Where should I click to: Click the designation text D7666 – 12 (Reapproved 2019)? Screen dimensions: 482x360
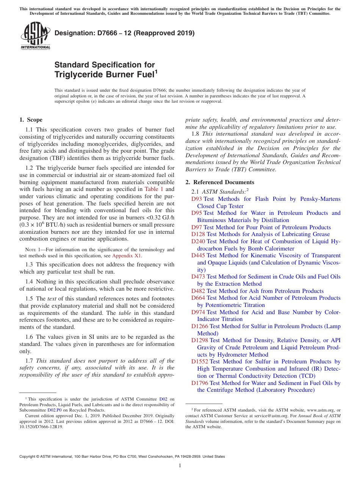124,33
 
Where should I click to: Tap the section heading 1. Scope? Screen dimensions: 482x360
31,120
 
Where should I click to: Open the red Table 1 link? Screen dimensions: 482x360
154,189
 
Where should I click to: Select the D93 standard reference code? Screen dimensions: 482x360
197,199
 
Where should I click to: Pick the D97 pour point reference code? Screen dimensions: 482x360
197,227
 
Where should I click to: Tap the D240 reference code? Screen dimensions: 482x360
198,241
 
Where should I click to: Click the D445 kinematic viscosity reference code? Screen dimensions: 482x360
198,255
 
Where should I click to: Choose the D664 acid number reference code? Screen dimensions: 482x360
198,298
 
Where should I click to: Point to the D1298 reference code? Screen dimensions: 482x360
200,340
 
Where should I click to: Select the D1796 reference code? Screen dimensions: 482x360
200,383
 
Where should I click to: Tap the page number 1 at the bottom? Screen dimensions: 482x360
180,465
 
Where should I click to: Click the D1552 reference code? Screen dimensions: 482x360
200,361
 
